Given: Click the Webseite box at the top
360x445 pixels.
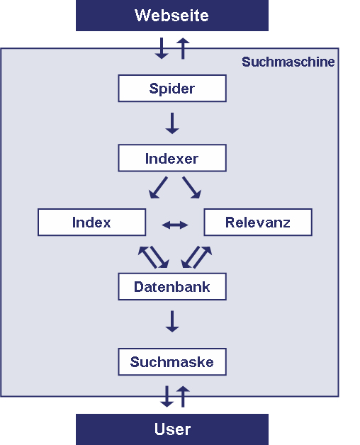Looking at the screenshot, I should [x=172, y=15].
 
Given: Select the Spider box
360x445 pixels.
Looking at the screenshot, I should [x=172, y=89].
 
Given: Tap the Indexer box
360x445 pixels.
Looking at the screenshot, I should [x=172, y=158].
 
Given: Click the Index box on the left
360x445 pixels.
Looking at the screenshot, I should [x=91, y=222].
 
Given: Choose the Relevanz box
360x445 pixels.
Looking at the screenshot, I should [x=258, y=222].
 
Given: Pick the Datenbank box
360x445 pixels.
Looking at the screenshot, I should [x=172, y=287].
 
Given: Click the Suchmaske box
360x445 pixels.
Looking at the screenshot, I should [x=172, y=361].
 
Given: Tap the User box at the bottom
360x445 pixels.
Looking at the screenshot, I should [x=172, y=429].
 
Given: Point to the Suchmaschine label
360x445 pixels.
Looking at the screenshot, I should [x=288, y=62].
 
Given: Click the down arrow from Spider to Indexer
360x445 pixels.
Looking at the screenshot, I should [x=172, y=123].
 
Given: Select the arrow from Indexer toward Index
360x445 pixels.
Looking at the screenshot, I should [x=158, y=188].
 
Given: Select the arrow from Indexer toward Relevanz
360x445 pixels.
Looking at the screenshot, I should [x=191, y=188].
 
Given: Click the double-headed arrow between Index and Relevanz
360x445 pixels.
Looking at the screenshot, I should [x=175, y=225].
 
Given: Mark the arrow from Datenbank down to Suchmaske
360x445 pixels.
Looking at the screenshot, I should [x=172, y=321].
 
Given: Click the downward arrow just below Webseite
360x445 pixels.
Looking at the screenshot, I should [x=162, y=48].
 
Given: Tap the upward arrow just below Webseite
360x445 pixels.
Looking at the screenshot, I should [x=183, y=48].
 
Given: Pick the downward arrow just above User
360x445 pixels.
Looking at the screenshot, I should [x=167, y=396].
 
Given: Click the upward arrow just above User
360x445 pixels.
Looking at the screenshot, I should [x=183, y=396].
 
